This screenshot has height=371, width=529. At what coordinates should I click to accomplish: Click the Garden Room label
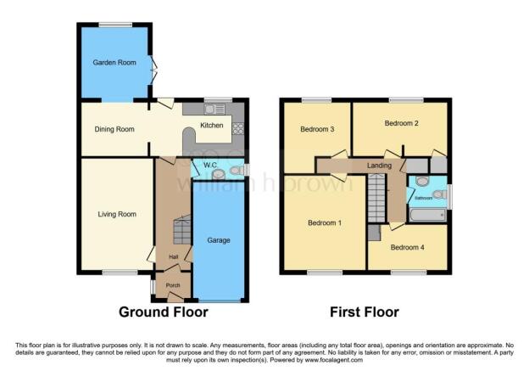tap(114, 63)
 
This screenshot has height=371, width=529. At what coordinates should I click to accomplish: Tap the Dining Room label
tap(114, 129)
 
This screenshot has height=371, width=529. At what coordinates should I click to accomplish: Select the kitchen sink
tap(214, 110)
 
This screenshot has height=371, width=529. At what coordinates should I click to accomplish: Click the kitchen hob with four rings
tap(238, 128)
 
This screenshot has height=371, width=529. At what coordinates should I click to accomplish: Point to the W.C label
tap(210, 165)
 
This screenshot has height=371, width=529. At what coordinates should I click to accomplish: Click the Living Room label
tap(117, 214)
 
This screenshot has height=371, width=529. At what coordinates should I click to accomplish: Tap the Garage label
tap(219, 240)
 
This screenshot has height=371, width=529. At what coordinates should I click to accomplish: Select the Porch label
tap(173, 285)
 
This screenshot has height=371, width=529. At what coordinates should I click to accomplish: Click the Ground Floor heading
tap(164, 312)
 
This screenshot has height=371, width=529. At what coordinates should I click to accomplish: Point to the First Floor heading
tap(365, 312)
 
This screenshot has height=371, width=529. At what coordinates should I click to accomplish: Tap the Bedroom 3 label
tap(317, 129)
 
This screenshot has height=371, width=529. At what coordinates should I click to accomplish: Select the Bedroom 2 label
tap(402, 123)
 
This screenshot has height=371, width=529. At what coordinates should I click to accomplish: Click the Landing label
tap(379, 166)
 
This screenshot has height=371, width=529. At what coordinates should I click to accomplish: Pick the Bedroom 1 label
tap(325, 223)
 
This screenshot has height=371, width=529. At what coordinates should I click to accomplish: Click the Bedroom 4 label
tap(407, 247)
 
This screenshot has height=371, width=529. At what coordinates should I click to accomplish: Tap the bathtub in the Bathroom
tap(427, 215)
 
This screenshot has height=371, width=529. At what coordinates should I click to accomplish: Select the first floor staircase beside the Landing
tap(376, 199)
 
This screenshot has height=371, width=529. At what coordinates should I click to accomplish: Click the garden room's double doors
tap(153, 70)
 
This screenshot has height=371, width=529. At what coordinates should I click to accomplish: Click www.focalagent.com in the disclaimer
tap(334, 360)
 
